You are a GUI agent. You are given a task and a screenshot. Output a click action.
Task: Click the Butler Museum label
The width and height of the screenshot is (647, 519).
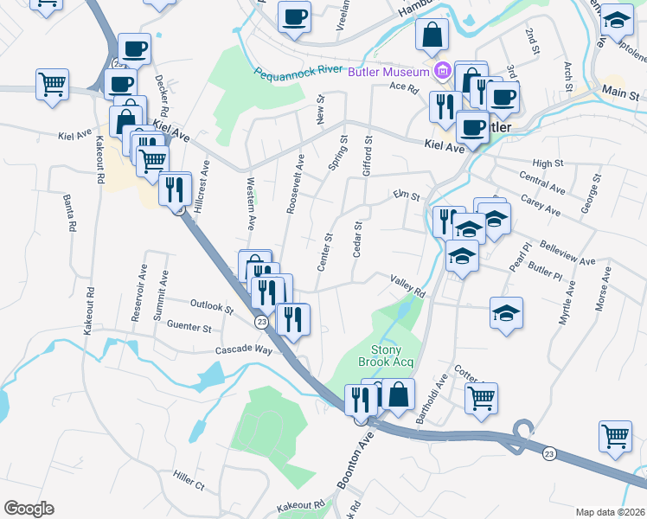pos(388,72)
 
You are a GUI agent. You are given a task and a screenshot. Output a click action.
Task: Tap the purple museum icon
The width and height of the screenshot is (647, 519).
pos(442,71)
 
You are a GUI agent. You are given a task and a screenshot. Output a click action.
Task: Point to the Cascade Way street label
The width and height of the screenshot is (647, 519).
pos(244,350)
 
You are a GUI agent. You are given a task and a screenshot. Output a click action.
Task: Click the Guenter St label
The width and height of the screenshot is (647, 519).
pos(189,328)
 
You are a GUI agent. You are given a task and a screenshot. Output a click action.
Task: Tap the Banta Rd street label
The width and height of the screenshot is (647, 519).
pos(67,214)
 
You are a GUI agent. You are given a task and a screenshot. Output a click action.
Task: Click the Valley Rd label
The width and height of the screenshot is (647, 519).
pos(408,285)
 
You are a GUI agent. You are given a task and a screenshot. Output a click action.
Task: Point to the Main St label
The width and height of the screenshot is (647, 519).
pos(620,93)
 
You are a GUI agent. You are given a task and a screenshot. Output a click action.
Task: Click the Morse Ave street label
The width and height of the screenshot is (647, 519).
pos(602,288)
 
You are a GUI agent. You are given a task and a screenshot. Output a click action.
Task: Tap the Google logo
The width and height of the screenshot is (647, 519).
pos(29,509)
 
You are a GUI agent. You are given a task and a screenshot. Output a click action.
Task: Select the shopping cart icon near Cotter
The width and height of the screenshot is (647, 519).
pos(481,399)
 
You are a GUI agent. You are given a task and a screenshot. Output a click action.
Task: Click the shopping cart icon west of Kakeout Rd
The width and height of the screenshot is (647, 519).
pos(52,86)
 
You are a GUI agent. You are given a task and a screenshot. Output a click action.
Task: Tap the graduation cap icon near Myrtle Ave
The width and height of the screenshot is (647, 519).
pos(506,313)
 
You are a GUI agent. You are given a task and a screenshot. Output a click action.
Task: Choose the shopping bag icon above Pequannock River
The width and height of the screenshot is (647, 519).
pos(432,35)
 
